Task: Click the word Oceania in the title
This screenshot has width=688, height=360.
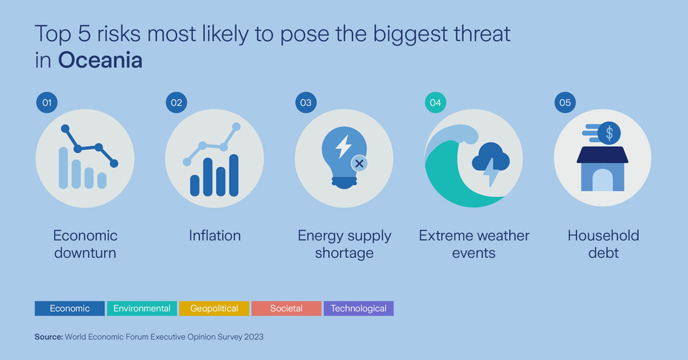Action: pyautogui.click(x=100, y=60)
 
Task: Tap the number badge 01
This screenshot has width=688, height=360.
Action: pyautogui.click(x=46, y=103)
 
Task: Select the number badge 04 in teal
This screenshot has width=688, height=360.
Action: pyautogui.click(x=435, y=103)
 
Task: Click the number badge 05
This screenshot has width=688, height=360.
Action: pyautogui.click(x=565, y=103)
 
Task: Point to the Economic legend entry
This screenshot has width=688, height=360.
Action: pyautogui.click(x=69, y=308)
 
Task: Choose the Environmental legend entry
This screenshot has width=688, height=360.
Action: pyautogui.click(x=142, y=308)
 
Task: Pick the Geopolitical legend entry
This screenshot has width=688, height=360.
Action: pyautogui.click(x=214, y=308)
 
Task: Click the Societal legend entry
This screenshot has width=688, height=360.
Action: pyautogui.click(x=286, y=308)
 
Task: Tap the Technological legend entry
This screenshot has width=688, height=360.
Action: pyautogui.click(x=358, y=308)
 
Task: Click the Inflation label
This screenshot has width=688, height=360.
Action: pyautogui.click(x=214, y=236)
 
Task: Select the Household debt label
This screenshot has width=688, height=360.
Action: pyautogui.click(x=603, y=244)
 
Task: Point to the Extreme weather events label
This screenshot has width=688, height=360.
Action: pyautogui.click(x=474, y=244)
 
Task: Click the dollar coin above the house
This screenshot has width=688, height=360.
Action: pyautogui.click(x=609, y=134)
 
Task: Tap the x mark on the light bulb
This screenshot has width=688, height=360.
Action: pyautogui.click(x=359, y=163)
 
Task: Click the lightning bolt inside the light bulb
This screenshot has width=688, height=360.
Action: pyautogui.click(x=343, y=146)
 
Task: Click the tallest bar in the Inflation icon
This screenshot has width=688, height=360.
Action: pyautogui.click(x=234, y=175)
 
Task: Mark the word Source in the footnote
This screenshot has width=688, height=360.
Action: pyautogui.click(x=49, y=337)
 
